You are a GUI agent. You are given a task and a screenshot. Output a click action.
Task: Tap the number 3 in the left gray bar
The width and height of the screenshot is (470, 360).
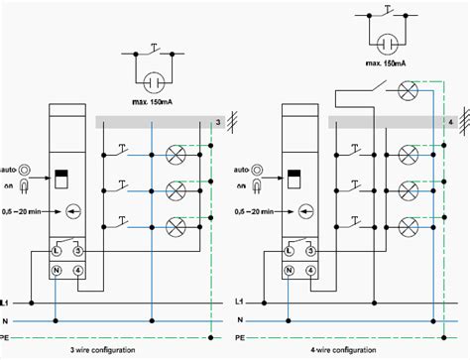(218, 122)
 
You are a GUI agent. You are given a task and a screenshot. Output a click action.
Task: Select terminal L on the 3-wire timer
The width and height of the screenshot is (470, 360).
(56, 252)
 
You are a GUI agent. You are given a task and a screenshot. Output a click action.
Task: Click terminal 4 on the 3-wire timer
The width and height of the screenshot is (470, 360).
(76, 269)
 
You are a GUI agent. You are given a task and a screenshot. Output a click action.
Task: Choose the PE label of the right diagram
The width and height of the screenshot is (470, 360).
(242, 337)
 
